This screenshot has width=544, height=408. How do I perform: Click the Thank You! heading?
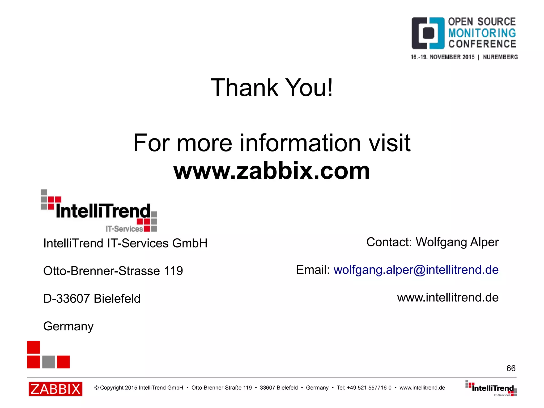[271, 87]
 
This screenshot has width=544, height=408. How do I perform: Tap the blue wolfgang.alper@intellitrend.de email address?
[416, 270]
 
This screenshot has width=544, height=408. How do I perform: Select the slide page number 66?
[511, 368]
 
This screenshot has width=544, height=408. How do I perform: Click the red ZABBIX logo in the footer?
[56, 389]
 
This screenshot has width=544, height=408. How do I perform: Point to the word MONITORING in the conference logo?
[482, 33]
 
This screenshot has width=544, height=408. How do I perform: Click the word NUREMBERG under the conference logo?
[500, 57]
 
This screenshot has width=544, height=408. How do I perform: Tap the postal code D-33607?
[66, 298]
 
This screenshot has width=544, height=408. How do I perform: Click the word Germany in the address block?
[68, 326]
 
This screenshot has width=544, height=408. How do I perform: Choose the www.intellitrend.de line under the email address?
[448, 297]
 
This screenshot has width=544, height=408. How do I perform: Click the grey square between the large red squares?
[49, 362]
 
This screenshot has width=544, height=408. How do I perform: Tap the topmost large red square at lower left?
[33, 347]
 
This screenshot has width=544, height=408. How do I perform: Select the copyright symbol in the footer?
[96, 388]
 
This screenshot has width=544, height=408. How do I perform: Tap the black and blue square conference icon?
[428, 33]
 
